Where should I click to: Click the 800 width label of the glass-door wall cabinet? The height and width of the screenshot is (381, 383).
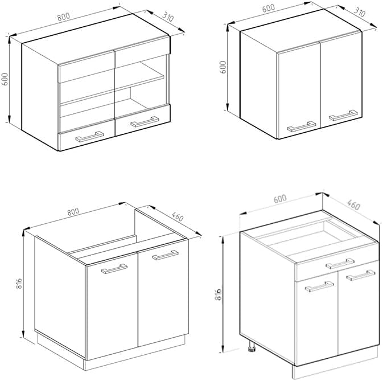(x=64, y=17)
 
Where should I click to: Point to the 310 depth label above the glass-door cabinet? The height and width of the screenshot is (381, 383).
(x=168, y=17)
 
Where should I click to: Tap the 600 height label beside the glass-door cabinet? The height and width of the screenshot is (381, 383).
(x=5, y=79)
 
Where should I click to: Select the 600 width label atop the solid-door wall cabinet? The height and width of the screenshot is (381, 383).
(x=269, y=8)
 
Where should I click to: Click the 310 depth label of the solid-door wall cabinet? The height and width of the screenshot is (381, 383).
(x=359, y=12)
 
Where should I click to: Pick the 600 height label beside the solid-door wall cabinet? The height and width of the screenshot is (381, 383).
(x=223, y=67)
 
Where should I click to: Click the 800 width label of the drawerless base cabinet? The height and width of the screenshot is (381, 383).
(x=73, y=212)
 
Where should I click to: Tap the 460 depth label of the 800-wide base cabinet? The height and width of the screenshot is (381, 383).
(x=178, y=216)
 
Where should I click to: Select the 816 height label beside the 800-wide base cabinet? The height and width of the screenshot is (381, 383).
(x=19, y=284)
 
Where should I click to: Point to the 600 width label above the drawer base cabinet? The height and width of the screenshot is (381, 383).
(x=280, y=199)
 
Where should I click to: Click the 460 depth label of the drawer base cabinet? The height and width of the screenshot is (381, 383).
(x=353, y=205)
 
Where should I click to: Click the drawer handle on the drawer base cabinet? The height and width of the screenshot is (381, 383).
(x=340, y=263)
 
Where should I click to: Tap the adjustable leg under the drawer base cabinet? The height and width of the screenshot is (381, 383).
(x=252, y=347)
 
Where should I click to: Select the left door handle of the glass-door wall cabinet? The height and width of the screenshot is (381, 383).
(x=90, y=137)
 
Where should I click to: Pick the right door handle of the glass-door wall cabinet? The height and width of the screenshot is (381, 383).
(x=145, y=122)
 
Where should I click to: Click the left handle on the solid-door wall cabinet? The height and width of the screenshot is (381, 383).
(x=302, y=126)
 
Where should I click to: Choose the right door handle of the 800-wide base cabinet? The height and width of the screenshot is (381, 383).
(x=166, y=255)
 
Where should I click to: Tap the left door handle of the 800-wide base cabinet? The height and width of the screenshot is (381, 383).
(x=114, y=269)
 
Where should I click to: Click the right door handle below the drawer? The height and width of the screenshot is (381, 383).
(x=361, y=275)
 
